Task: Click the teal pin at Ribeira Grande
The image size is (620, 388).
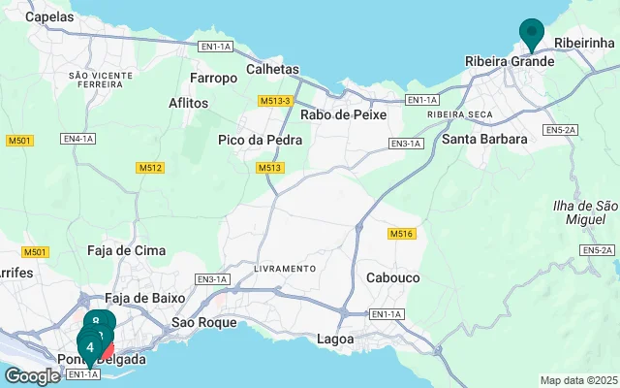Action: [x=531, y=33]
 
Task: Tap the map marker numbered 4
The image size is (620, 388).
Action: [x=90, y=346]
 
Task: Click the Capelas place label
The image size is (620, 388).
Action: [x=48, y=16]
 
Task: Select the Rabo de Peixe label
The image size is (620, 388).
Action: [x=344, y=114]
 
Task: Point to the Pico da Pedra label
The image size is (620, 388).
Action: [x=260, y=140]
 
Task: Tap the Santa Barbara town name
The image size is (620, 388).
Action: [x=484, y=139]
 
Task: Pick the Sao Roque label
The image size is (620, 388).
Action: [x=203, y=322]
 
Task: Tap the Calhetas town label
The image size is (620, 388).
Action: [x=273, y=70]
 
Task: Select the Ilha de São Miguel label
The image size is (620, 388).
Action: [x=584, y=213]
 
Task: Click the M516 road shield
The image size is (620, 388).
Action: [x=401, y=235]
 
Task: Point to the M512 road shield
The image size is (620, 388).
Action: [x=149, y=168]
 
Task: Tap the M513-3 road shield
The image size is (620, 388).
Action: [x=276, y=101]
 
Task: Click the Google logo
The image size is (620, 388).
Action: [x=32, y=376]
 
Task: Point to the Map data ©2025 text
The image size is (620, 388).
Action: [x=577, y=380]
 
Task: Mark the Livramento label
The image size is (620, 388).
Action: [x=285, y=268]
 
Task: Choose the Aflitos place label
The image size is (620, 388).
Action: [x=188, y=103]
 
